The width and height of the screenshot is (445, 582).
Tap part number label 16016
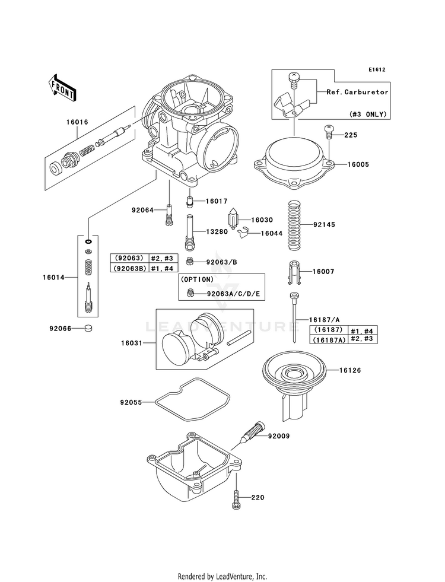click(x=77, y=122)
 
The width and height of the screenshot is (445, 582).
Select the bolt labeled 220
click(x=236, y=499)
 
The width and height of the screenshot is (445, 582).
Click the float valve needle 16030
click(x=236, y=220)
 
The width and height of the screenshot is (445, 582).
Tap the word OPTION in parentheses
click(x=197, y=279)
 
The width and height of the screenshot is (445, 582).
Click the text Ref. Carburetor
click(x=358, y=92)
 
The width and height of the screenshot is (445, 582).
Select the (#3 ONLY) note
click(x=368, y=113)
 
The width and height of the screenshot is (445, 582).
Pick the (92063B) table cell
click(x=129, y=268)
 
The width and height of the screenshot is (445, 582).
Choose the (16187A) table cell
click(x=329, y=339)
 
